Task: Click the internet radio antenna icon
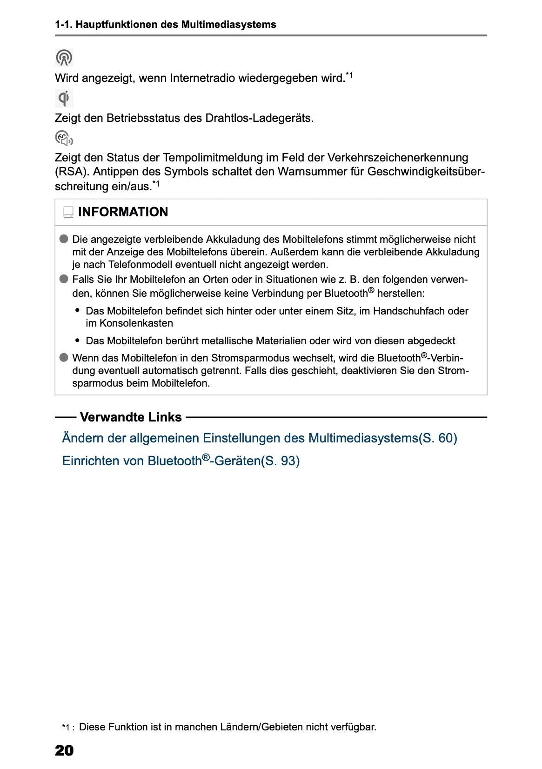(64, 58)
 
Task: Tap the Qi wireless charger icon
(64, 99)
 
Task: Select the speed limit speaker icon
(64, 139)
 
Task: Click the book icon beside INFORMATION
(68, 213)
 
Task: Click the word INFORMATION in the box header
(123, 212)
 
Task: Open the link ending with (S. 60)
(259, 438)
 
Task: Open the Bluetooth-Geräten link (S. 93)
(181, 461)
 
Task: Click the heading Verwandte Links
(131, 417)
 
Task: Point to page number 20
(64, 750)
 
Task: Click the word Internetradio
(202, 78)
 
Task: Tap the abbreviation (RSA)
(72, 172)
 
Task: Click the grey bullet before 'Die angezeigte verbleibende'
(64, 239)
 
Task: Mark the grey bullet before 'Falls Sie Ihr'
(64, 279)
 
